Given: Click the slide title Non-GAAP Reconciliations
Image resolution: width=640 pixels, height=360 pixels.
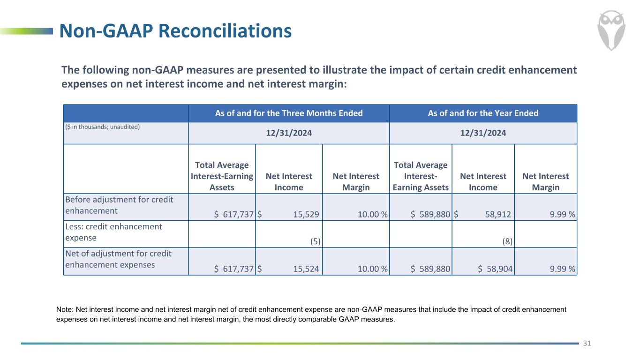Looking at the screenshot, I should (x=175, y=31).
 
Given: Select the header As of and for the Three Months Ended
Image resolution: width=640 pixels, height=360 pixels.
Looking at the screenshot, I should (x=289, y=113).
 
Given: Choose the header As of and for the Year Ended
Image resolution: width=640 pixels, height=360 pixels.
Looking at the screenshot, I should (x=483, y=113).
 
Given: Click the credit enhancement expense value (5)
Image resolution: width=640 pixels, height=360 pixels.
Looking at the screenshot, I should (x=315, y=241).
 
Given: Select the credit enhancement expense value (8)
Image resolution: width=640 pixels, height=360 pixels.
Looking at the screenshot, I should (x=507, y=241).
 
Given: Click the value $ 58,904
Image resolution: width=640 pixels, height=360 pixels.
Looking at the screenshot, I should (x=496, y=269).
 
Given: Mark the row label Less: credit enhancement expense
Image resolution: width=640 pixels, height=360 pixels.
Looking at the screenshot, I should (x=113, y=232).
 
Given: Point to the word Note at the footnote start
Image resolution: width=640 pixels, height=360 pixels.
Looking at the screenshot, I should (x=64, y=309).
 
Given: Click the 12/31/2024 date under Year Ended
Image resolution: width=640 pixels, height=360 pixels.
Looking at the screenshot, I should (x=483, y=133).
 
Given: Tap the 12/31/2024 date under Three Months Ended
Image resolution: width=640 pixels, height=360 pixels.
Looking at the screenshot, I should (x=289, y=133).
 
